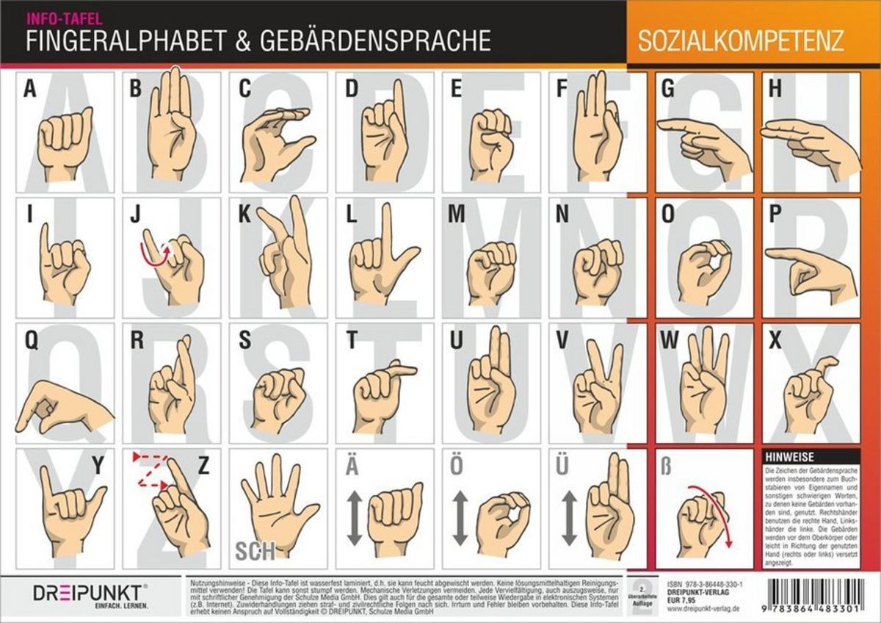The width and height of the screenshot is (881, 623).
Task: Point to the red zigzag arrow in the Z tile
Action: point(151,470)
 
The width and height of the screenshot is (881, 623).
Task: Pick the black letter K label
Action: point(244,215)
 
